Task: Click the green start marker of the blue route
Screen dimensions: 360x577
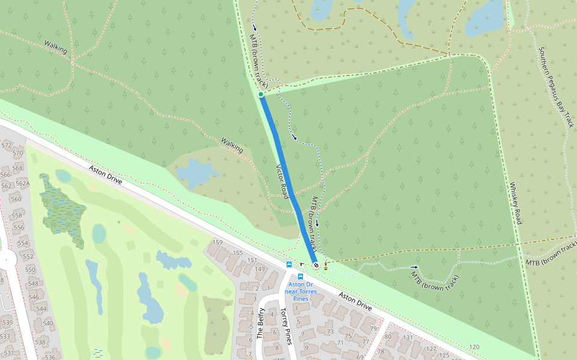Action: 261,94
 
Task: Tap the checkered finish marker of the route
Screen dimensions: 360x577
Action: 316,265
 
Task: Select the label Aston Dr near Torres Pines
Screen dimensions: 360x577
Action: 301,287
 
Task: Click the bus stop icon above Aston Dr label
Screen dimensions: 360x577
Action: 301,277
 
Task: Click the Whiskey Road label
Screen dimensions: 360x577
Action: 515,203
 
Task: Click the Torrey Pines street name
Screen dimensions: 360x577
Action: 285,326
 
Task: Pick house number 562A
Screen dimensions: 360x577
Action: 22,184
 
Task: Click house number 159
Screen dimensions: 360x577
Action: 218,242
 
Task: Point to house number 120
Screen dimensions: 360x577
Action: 474,347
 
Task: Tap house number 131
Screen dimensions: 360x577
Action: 408,337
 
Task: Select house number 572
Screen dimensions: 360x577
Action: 7,145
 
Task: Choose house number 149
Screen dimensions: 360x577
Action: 260,269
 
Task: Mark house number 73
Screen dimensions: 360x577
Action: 329,332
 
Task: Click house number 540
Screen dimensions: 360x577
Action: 48,323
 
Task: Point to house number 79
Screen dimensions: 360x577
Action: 373,328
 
